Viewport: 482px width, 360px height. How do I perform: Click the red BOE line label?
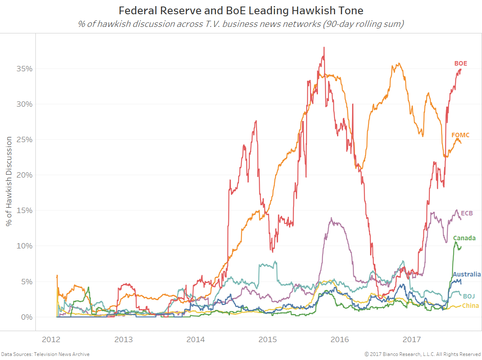coord(460,64)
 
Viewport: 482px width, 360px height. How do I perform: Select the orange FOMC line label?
coord(460,135)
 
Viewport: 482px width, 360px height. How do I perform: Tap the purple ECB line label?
coord(467,213)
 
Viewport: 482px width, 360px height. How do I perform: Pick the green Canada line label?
coord(464,238)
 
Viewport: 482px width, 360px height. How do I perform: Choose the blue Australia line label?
coord(467,274)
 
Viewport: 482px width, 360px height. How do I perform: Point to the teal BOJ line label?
coord(469,296)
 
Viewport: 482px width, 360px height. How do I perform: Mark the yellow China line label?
coord(470,306)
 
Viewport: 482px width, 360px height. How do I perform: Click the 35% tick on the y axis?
coord(24,68)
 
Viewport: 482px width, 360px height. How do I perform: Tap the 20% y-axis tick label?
coord(24,175)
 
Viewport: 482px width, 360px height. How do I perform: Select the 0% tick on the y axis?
coord(26,317)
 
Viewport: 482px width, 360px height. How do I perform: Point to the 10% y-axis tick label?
coord(24,246)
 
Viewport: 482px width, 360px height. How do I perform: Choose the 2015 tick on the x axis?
coord(268,339)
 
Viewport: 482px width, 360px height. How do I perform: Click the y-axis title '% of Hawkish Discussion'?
coord(9,182)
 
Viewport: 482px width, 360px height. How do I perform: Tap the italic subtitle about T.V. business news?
coord(241,24)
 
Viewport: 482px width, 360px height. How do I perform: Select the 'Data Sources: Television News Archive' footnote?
coord(45,354)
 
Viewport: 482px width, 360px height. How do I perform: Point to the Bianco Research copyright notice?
coord(422,354)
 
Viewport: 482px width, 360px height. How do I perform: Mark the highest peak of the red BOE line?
coord(324,47)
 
